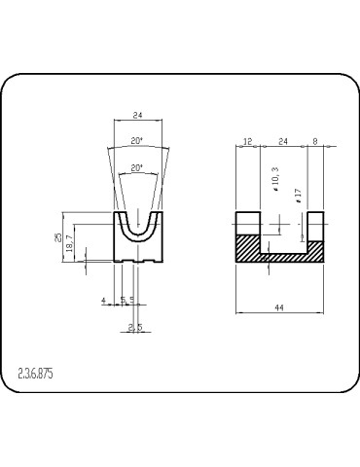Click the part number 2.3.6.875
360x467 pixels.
click(x=35, y=374)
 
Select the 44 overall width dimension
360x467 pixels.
click(x=279, y=307)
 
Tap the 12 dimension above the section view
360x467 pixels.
click(x=247, y=141)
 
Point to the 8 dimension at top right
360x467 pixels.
click(x=315, y=141)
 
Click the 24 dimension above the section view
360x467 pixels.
click(x=283, y=141)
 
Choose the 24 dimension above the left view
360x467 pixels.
click(x=138, y=115)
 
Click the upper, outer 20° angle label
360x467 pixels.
click(x=137, y=141)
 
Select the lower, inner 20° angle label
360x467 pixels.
click(x=137, y=168)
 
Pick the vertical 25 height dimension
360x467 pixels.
click(x=57, y=237)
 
